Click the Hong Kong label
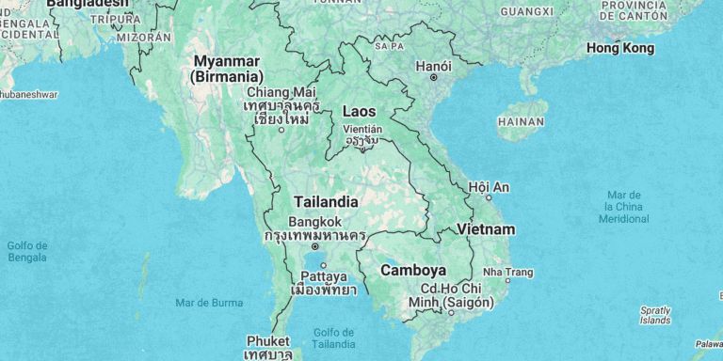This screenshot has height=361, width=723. pos(619,48)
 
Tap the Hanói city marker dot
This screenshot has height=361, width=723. pos(434,78)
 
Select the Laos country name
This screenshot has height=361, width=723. pos(359,111)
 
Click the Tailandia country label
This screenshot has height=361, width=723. pos(326,202)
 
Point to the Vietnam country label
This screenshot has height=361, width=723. pos(486,229)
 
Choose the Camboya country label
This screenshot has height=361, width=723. pos(412,270)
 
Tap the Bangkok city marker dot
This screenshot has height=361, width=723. pos(314,247)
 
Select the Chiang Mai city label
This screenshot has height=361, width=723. pos(281,92)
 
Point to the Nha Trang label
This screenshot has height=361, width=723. pos(508,273)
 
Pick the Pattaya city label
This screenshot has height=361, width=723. pos(323,277)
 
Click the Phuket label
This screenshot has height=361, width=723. pos(268,340)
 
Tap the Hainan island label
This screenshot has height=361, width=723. pos(521,121)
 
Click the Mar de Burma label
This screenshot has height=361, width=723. pos(209,303)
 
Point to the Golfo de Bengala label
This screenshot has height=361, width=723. pos(27,251)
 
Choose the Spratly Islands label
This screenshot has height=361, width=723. pos(655,315)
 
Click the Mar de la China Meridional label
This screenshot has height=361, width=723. pos(623,206)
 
